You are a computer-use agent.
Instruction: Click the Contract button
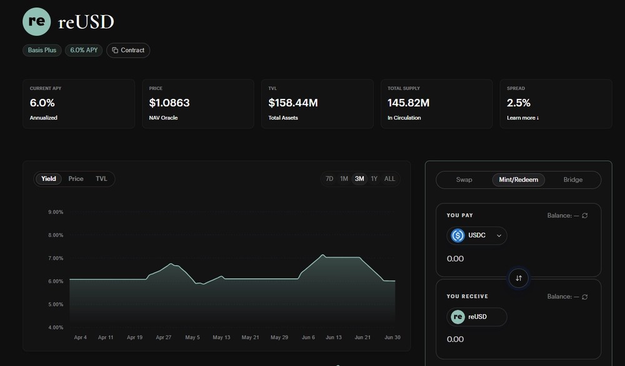pos(128,50)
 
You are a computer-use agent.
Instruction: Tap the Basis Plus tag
pos(42,50)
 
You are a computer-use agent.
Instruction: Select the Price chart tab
pos(76,179)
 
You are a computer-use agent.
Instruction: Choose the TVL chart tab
pos(101,179)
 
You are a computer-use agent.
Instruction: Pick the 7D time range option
pos(329,179)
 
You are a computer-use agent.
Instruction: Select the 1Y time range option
pos(374,179)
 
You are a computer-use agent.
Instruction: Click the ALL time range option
pos(389,179)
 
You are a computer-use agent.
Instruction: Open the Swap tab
pos(464,180)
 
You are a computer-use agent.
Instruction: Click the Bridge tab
pos(572,180)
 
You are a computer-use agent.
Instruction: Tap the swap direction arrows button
pos(519,278)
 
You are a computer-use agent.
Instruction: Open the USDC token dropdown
pos(477,235)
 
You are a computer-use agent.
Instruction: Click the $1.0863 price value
pos(169,103)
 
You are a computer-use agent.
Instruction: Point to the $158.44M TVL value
pos(293,103)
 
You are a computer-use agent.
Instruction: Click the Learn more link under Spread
pos(522,118)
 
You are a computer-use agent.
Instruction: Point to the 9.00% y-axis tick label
pos(56,212)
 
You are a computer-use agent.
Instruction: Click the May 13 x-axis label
pos(221,337)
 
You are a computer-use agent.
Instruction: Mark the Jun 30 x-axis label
pos(392,337)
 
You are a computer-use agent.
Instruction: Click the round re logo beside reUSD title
pos(37,21)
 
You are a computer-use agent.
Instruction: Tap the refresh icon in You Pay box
pos(585,215)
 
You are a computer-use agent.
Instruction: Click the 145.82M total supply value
pos(409,103)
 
